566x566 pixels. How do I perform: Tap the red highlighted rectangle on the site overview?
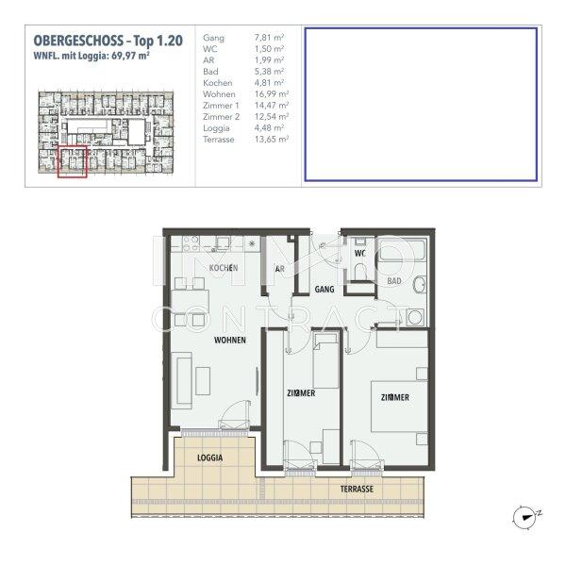coord(72,160)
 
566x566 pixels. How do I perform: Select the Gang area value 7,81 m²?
coord(268,38)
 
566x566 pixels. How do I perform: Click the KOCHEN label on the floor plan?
coord(223,269)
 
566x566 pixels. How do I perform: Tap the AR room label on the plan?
coord(280,269)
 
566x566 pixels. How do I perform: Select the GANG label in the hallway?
coord(325,289)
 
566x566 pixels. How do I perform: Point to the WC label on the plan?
coord(359,254)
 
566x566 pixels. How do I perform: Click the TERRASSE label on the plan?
coord(358,490)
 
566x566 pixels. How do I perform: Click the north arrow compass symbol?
coord(524,514)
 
